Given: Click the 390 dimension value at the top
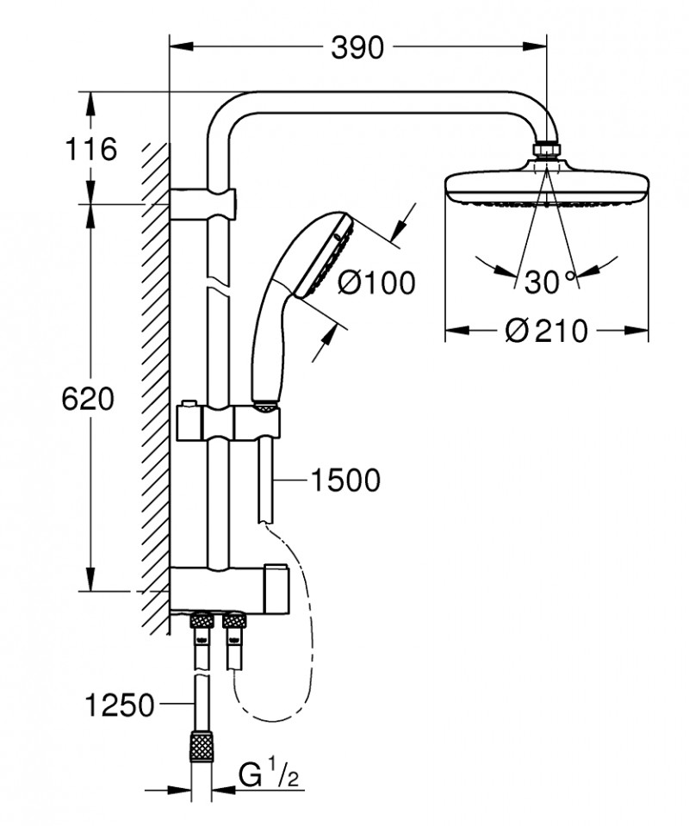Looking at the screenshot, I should click(357, 49).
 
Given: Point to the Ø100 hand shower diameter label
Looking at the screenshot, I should click(376, 282).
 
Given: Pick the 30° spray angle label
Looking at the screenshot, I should click(544, 281).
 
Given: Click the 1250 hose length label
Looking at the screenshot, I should click(121, 706).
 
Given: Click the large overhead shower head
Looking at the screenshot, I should click(546, 186).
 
